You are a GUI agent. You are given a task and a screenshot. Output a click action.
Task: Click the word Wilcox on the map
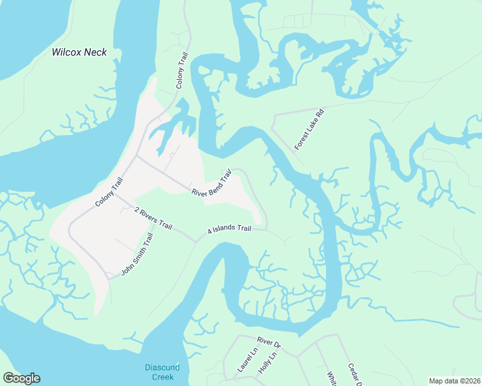(67, 53)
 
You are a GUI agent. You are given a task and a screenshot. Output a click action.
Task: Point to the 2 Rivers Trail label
(153, 217)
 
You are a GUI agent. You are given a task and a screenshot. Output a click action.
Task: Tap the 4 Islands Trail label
(229, 229)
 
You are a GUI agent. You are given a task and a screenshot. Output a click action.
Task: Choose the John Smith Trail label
(138, 255)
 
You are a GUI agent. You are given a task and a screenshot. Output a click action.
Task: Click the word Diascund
(161, 368)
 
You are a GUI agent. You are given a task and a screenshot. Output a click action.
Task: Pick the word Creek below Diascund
(162, 377)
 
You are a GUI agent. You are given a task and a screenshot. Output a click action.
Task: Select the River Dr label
(269, 342)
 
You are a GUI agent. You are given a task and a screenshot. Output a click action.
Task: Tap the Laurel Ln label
(247, 360)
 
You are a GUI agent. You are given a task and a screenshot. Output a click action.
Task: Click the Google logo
(21, 378)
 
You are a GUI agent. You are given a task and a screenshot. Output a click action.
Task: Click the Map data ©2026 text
(454, 381)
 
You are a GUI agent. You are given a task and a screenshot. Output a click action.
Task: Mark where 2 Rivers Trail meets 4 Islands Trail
(195, 242)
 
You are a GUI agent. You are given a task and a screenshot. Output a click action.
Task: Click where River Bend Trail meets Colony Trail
(135, 155)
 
